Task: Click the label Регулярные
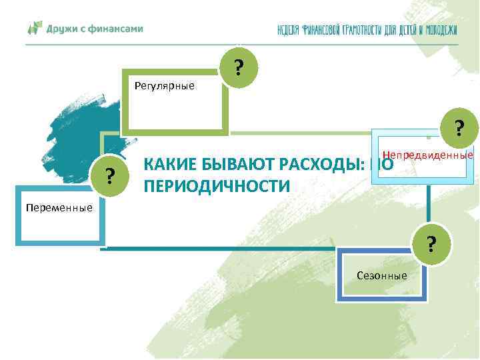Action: point(164,85)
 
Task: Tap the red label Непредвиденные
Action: point(427,155)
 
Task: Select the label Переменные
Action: point(59,207)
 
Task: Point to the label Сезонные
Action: point(382,275)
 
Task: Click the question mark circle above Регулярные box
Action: point(238,69)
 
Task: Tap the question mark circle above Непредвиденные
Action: point(459,127)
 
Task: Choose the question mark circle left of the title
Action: point(112,176)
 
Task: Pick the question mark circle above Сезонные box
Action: point(432,245)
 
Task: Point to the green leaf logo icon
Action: point(35,29)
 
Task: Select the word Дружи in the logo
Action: point(62,29)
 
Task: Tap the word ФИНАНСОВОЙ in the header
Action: point(319,30)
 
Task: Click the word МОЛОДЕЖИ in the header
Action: point(441,30)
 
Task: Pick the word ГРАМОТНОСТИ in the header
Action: point(364,30)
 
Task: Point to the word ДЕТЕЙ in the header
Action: point(408,30)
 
